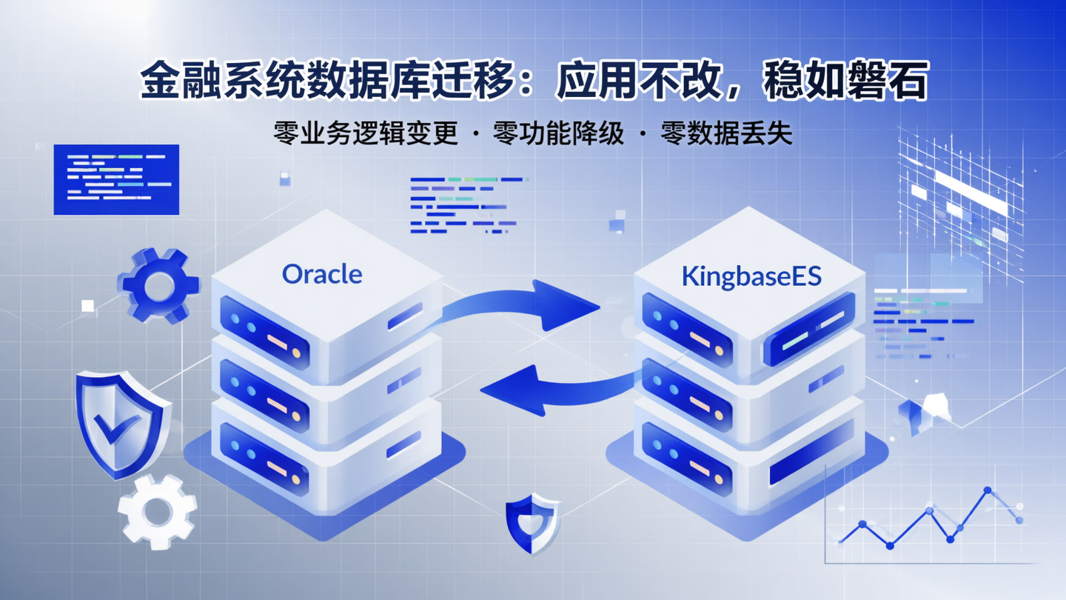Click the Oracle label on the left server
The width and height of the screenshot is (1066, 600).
(322, 274)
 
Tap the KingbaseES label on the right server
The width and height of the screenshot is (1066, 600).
(751, 276)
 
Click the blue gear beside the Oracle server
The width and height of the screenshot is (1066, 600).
(158, 286)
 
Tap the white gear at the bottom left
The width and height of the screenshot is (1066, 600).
(157, 511)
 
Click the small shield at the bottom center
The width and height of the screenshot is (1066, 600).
(532, 524)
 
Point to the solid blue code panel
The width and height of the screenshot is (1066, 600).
(116, 179)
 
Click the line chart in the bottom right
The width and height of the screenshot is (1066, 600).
(933, 522)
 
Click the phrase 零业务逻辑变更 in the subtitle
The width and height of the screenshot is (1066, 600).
(366, 133)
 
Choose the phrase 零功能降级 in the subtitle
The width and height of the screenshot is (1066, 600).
(560, 133)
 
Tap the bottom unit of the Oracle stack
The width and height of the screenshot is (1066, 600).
(326, 459)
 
